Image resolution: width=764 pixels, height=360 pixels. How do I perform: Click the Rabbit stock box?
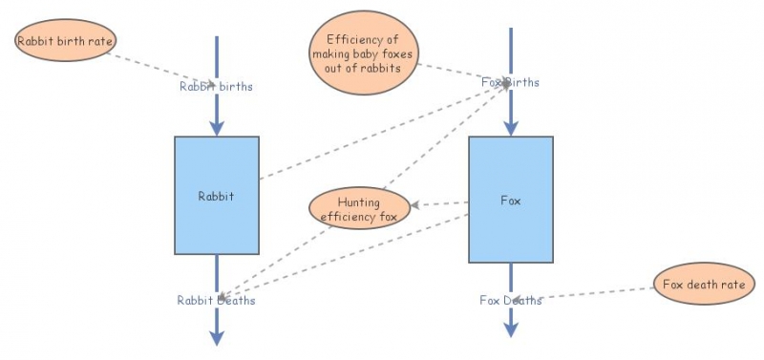click(216, 196)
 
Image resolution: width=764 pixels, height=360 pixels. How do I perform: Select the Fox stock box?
click(510, 200)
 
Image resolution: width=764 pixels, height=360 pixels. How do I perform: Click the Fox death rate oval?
click(704, 284)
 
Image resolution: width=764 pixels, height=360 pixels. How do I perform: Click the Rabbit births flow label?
click(216, 86)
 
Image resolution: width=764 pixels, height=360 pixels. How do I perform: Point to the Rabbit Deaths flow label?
click(216, 300)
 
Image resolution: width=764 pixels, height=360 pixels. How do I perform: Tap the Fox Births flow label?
click(510, 82)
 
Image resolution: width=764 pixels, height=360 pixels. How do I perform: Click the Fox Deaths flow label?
click(510, 300)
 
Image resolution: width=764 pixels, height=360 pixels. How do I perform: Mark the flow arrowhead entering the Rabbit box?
click(217, 128)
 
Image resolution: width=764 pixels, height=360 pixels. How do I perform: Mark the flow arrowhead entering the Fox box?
click(511, 128)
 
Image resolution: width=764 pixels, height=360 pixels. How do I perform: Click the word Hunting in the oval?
click(359, 202)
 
